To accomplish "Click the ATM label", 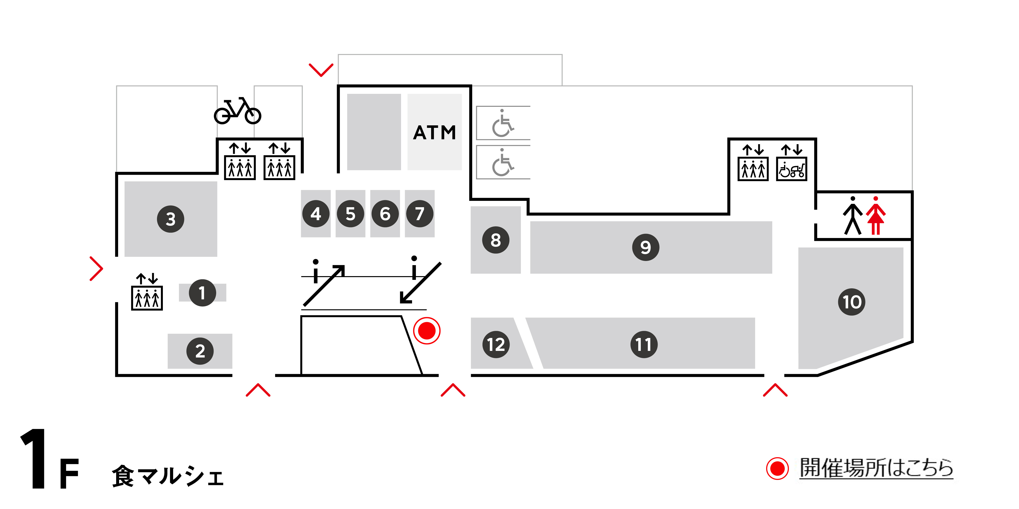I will click(x=434, y=133).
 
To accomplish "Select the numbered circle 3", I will click(x=170, y=219).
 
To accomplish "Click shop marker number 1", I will click(x=202, y=293).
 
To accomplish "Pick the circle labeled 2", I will click(x=200, y=351).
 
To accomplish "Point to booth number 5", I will click(x=350, y=214).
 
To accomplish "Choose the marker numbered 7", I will click(x=420, y=214).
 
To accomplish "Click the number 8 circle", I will click(x=496, y=240).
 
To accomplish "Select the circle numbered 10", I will click(x=852, y=302).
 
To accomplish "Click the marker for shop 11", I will click(x=644, y=344).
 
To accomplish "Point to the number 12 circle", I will click(x=496, y=344).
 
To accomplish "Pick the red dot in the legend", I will click(x=777, y=469).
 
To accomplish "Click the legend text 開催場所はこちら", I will click(x=876, y=468).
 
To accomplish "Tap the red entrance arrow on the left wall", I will click(x=96, y=269).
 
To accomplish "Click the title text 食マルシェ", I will click(x=168, y=476).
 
